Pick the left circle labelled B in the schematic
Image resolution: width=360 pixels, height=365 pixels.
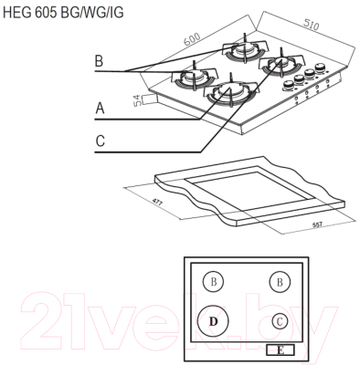pos(213,282)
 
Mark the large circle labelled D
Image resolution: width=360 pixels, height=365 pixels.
pos(214,320)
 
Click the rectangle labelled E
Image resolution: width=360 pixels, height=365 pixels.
pos(280,349)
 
